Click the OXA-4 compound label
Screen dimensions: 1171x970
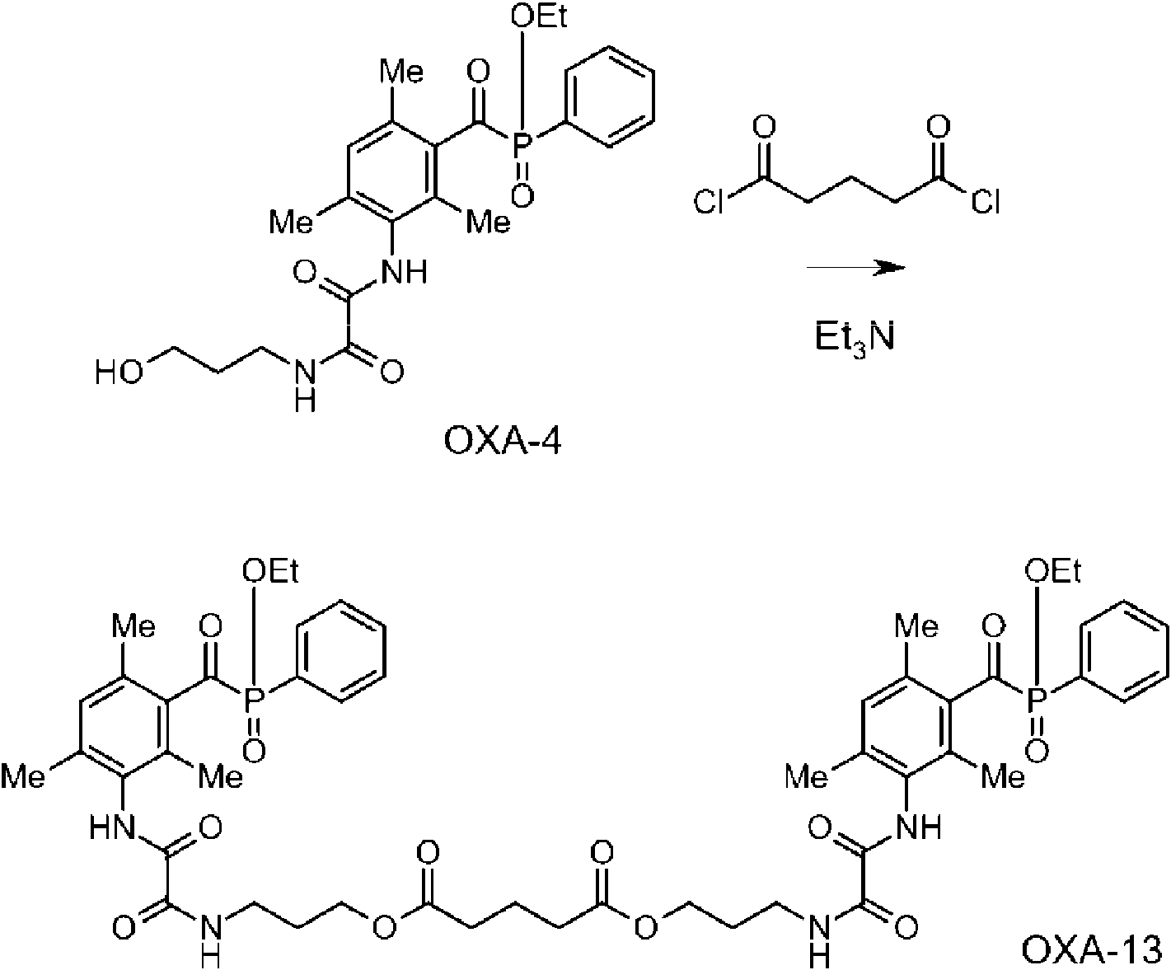coord(502,442)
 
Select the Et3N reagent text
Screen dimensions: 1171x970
coord(854,340)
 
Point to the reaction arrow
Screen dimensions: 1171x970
coord(856,268)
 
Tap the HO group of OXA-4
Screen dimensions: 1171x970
coord(119,372)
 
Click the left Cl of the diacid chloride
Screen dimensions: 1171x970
coord(709,201)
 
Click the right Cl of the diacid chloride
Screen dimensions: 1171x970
coord(986,201)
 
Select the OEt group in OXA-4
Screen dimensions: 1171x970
coord(539,16)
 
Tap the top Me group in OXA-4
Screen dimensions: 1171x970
coord(401,71)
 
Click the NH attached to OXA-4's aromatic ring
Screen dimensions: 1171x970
coord(404,271)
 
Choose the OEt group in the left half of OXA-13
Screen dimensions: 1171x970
coord(270,570)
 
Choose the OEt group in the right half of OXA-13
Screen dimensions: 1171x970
coord(1052,570)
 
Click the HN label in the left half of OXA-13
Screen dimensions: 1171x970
coord(112,827)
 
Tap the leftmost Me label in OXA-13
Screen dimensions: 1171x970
coord(22,777)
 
